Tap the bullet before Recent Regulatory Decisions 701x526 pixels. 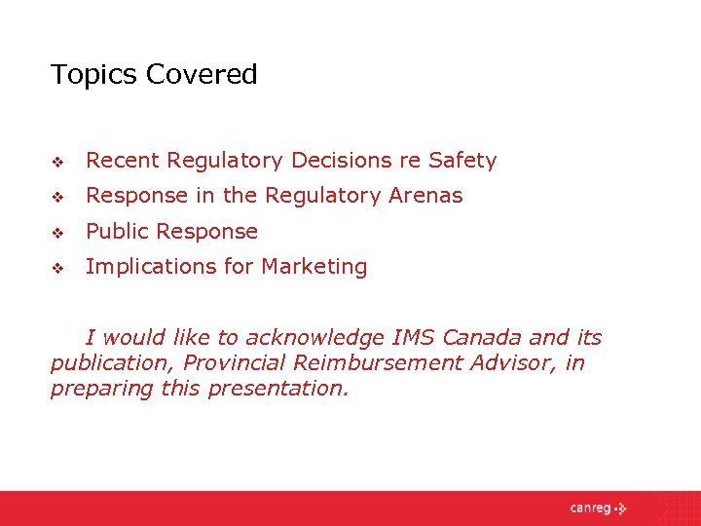[x=56, y=162]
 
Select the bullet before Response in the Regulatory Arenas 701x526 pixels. [x=56, y=197]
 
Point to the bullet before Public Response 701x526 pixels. [x=56, y=233]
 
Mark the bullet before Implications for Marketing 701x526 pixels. [x=56, y=268]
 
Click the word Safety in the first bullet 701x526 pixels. [x=462, y=161]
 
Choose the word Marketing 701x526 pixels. [x=318, y=267]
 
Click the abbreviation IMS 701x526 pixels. [x=414, y=338]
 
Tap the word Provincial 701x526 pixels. [x=231, y=363]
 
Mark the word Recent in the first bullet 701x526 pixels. [x=123, y=161]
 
